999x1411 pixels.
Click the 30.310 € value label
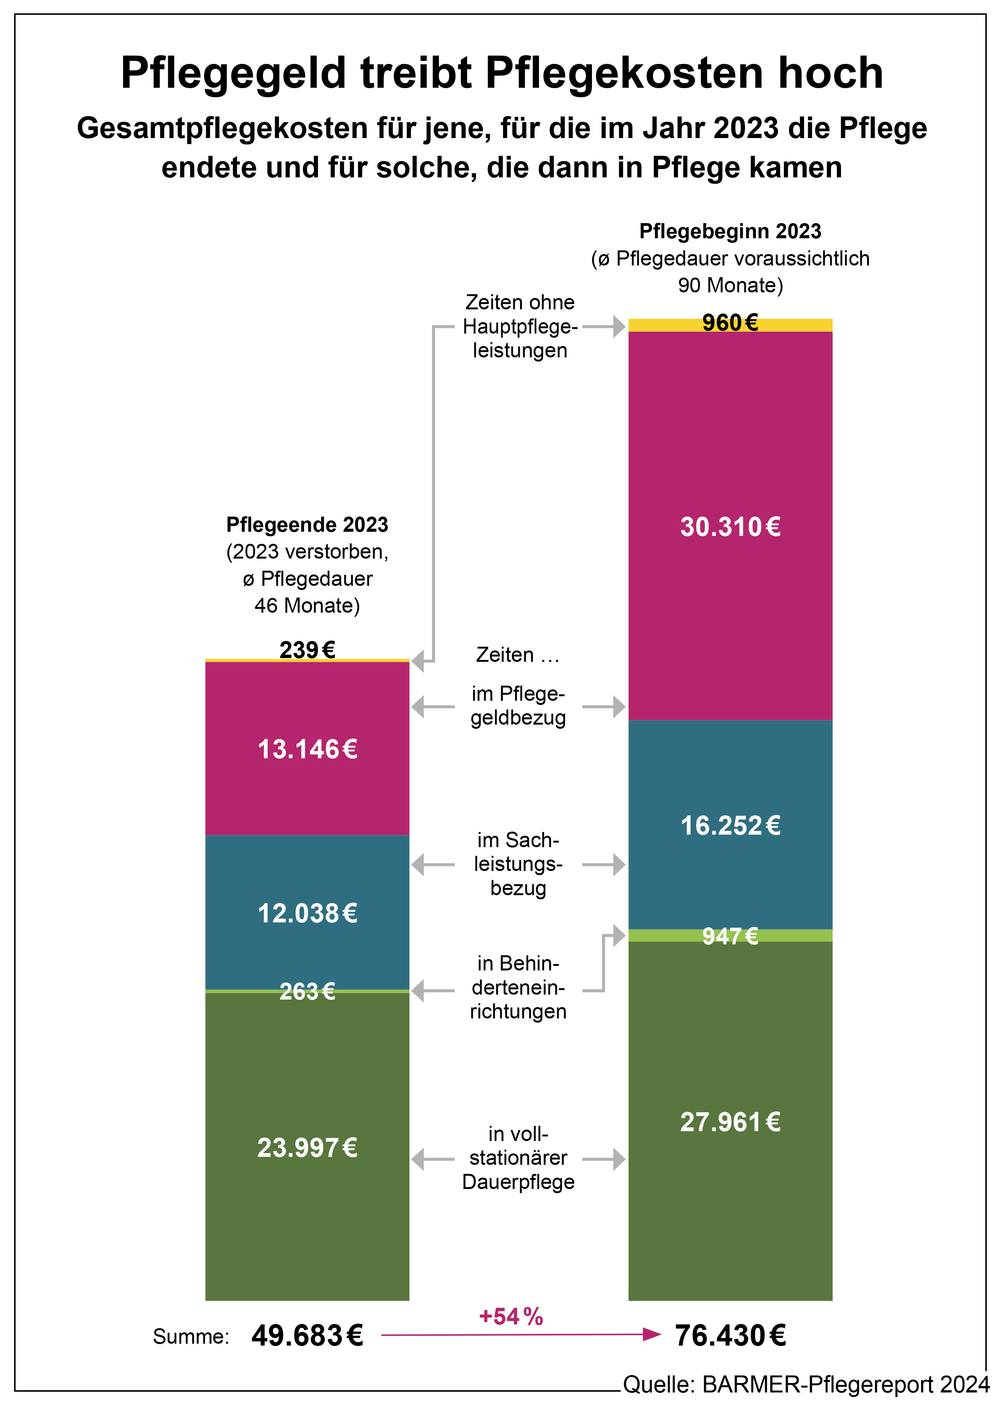(730, 527)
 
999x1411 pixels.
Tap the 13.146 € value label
(307, 750)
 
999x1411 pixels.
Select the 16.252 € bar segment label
(730, 826)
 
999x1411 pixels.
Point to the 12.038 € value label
(307, 913)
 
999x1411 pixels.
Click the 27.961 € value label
(730, 1122)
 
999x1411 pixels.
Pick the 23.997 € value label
(307, 1148)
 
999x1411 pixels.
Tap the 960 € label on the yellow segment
(730, 323)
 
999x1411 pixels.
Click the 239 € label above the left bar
(307, 650)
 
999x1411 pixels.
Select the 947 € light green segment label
(730, 936)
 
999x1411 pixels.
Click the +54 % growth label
(511, 1317)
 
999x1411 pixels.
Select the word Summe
(191, 1337)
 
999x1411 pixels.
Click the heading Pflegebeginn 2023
(730, 231)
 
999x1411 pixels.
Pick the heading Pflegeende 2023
(307, 525)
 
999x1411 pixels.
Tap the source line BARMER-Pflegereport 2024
(806, 1385)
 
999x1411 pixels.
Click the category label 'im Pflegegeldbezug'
(518, 706)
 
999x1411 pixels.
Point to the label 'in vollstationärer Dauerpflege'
(518, 1158)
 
